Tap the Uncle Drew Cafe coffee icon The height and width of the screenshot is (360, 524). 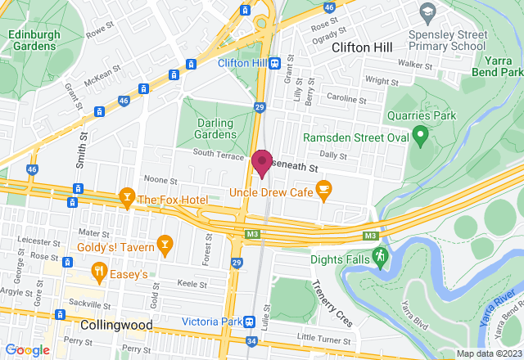(x=323, y=189)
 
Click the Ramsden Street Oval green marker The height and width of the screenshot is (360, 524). (x=420, y=134)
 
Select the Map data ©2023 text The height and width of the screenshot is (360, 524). (x=488, y=353)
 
